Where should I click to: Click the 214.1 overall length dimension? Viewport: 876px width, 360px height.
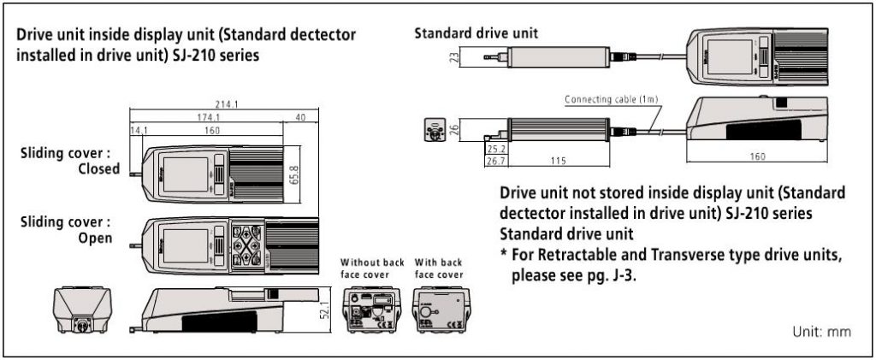pyautogui.click(x=228, y=104)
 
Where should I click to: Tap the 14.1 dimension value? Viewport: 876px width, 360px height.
pyautogui.click(x=138, y=131)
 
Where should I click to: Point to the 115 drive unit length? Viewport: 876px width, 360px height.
pyautogui.click(x=559, y=160)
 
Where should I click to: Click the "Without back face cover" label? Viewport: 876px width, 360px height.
pyautogui.click(x=372, y=268)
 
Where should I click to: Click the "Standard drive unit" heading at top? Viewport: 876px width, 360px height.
pyautogui.click(x=476, y=34)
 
